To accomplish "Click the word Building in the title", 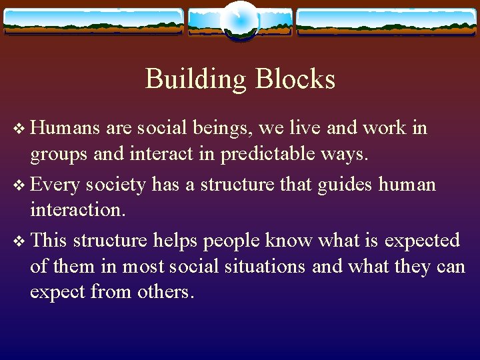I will [192, 79].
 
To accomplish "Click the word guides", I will [349, 183].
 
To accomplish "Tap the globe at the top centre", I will [240, 20].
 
